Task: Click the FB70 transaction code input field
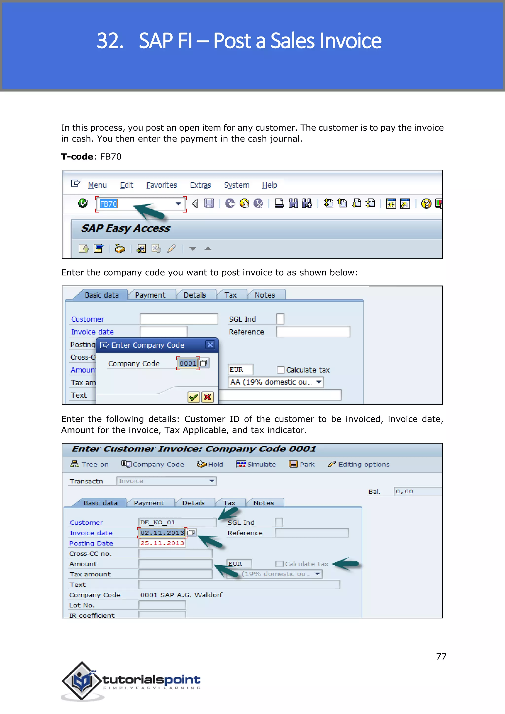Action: pos(137,204)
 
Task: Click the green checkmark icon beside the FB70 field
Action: pos(83,203)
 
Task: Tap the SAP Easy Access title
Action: pos(126,228)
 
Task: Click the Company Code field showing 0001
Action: pos(188,363)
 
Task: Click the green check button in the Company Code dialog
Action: pos(193,397)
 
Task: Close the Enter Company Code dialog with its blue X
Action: pos(210,345)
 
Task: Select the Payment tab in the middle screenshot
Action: pos(150,295)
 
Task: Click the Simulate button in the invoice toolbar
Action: pos(256,464)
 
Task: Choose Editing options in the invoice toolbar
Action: pos(358,464)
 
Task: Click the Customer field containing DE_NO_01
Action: pos(177,522)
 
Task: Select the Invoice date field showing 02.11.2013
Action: pos(162,533)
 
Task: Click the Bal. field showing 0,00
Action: pos(417,491)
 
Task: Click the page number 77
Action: pos(441,657)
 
